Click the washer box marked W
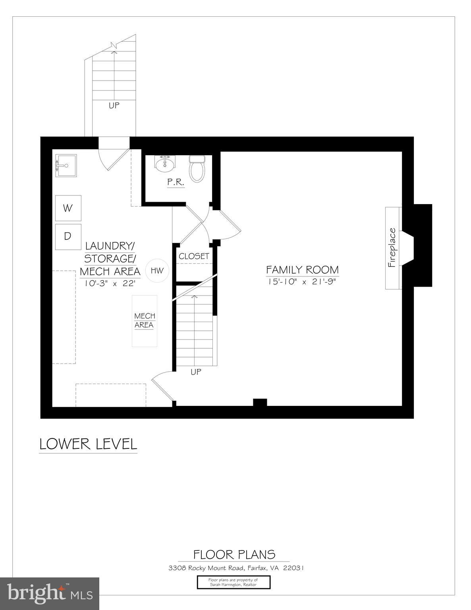click(68, 208)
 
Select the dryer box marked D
click(68, 237)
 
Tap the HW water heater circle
click(157, 271)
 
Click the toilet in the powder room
click(197, 168)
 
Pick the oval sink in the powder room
click(164, 164)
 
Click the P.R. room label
click(175, 182)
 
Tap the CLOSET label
click(194, 256)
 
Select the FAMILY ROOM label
click(302, 270)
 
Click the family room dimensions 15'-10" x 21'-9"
click(302, 282)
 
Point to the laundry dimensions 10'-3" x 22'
click(110, 284)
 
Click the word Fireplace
click(392, 247)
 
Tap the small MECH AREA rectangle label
click(145, 320)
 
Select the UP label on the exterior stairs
click(114, 106)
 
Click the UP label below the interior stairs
click(196, 372)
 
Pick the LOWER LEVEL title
click(88, 444)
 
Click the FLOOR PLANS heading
click(234, 554)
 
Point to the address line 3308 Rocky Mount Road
click(236, 568)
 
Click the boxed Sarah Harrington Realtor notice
click(234, 582)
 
